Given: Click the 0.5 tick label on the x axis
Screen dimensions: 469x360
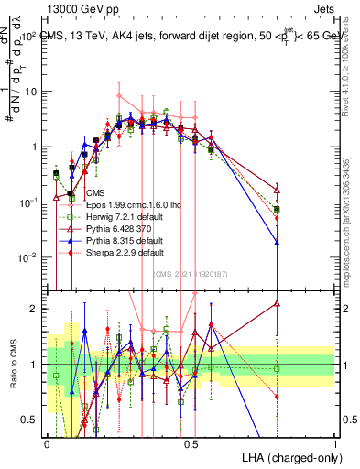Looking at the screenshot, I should (191, 442).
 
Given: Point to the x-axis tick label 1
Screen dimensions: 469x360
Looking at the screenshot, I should (334, 442).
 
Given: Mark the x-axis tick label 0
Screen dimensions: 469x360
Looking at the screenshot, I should (47, 442).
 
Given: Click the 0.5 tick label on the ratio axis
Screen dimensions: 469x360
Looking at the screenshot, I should (30, 420).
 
